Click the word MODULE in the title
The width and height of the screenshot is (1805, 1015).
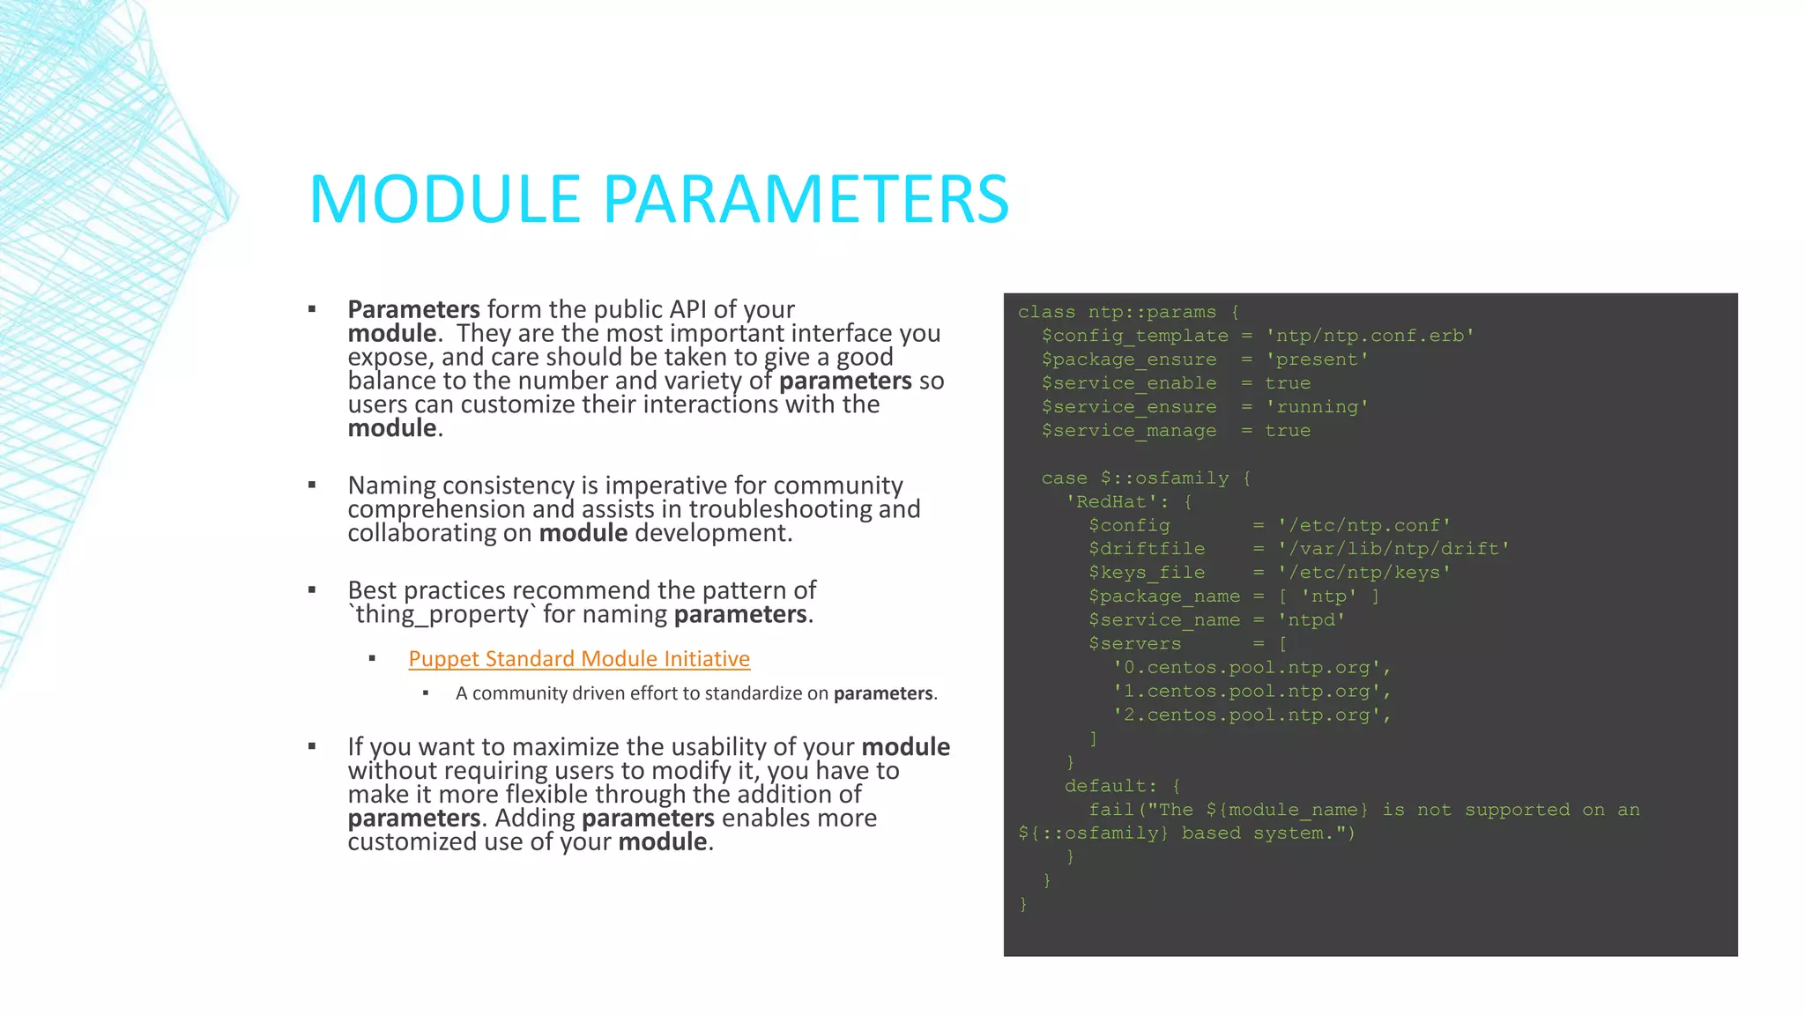click(444, 199)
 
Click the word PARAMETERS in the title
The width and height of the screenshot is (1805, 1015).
click(806, 199)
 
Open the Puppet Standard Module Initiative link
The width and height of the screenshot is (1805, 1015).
click(579, 659)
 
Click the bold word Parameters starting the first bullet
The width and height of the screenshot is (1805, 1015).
click(413, 309)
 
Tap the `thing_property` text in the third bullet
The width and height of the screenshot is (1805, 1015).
click(442, 614)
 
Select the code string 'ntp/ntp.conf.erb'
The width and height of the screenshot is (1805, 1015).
click(1370, 336)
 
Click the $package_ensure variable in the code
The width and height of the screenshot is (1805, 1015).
click(1129, 359)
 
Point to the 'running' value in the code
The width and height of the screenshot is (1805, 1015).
click(1317, 407)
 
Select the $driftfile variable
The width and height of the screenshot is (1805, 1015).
click(1147, 549)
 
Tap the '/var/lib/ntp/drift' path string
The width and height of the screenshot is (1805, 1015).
click(1393, 549)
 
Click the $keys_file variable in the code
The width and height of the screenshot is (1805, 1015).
click(1147, 573)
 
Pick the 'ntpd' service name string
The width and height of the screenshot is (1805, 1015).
click(1311, 620)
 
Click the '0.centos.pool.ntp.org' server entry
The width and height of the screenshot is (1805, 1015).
click(1252, 668)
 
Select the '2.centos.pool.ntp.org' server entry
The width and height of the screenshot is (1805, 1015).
click(1252, 715)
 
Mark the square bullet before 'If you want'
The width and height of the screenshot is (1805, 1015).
click(312, 746)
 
